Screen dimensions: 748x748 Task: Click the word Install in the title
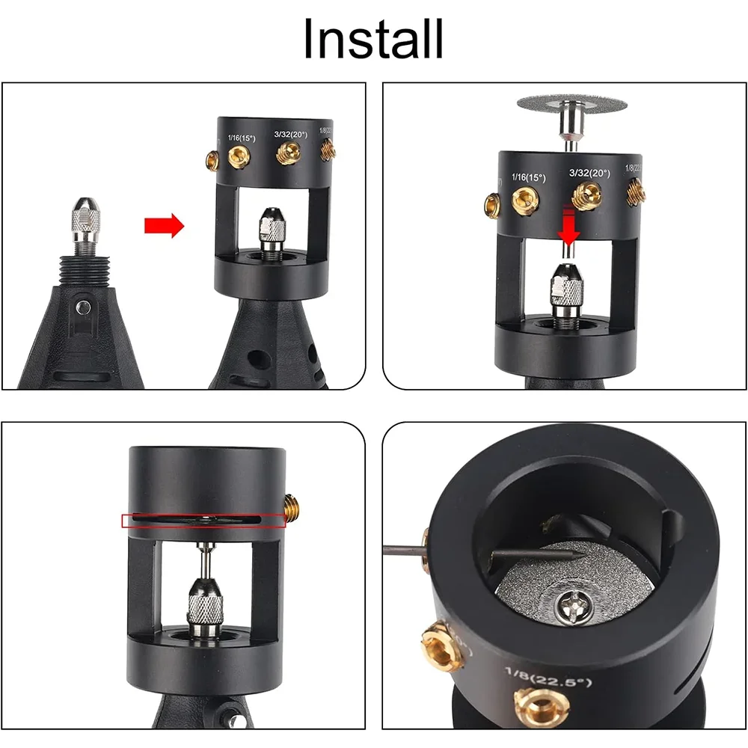pyautogui.click(x=373, y=39)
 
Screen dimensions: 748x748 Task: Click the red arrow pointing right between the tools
pyautogui.click(x=164, y=224)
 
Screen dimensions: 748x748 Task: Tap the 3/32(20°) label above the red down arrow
pyautogui.click(x=589, y=173)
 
